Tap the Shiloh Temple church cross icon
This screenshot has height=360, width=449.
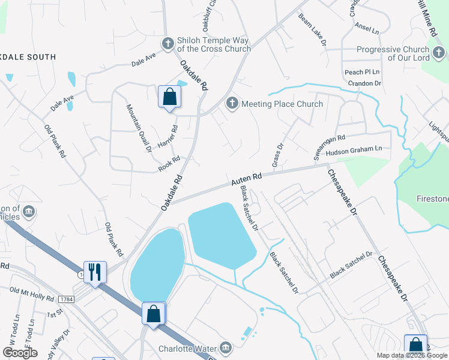pos(168,43)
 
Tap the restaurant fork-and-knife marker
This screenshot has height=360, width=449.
pos(95,272)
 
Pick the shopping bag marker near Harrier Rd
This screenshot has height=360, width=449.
pos(170,97)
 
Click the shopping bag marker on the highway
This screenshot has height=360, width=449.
pos(154,313)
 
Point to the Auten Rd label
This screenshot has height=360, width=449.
pos(247,178)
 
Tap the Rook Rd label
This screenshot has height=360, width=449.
pos(169,163)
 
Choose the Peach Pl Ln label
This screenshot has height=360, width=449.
pos(362,72)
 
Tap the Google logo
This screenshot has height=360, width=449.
pos(20,353)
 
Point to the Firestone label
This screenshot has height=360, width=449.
pos(433,198)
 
